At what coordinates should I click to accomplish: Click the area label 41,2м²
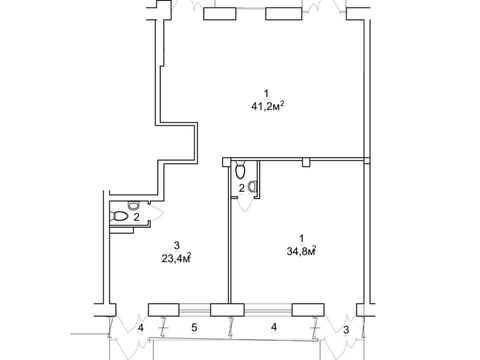coord(268,106)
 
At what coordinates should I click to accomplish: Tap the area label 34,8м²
coord(301,251)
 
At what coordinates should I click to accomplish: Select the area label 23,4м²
coord(177,258)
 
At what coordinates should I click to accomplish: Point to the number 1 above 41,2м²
coord(266,93)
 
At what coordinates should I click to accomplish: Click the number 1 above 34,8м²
coord(302,239)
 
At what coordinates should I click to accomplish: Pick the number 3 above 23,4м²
coord(177,245)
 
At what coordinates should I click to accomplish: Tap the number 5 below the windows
coord(194,327)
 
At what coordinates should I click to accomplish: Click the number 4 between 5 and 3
coord(274,327)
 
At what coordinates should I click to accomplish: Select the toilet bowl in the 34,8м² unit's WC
coord(240,170)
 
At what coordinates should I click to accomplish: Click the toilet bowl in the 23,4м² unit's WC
coord(120,217)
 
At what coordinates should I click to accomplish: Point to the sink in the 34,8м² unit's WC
coord(254,186)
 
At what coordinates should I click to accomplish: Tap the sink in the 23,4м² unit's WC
coord(134,206)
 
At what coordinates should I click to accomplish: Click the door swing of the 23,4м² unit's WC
coord(156,212)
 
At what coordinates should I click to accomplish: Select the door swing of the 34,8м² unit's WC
coord(246,205)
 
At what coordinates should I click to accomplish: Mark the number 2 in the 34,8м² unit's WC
coord(242,188)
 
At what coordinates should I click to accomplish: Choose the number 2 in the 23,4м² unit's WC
coord(136,217)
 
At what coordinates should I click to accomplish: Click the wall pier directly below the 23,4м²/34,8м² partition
coord(227,310)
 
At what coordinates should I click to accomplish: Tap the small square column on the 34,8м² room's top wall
coord(306,162)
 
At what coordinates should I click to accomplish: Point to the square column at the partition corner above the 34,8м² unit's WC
coord(227,162)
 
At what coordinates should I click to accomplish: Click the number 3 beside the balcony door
coord(346,330)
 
